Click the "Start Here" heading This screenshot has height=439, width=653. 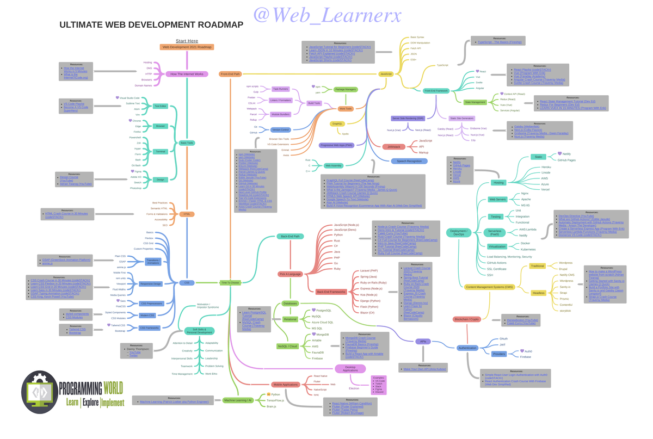tap(187, 41)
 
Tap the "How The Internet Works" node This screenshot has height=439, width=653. tap(187, 74)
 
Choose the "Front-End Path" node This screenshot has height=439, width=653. tap(231, 74)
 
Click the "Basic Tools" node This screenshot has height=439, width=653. tap(187, 143)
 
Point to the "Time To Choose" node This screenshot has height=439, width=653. tap(230, 282)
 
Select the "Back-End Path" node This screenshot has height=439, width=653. tap(290, 237)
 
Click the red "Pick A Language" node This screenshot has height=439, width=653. tap(289, 274)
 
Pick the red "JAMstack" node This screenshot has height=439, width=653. tap(393, 147)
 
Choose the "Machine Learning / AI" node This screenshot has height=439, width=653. tap(238, 400)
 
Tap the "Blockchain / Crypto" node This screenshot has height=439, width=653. tap(466, 319)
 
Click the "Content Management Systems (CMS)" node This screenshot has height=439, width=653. tap(489, 287)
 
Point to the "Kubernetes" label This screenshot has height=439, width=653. tap(528, 249)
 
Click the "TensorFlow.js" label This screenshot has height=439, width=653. tap(275, 400)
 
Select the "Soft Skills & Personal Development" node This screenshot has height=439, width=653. tap(199, 331)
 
